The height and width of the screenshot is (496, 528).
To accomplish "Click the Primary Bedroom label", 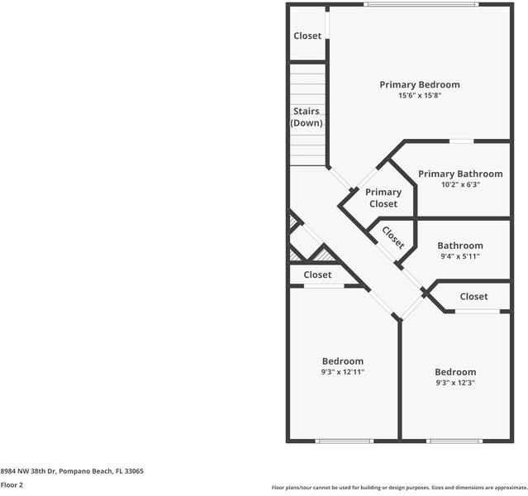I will pyautogui.click(x=419, y=84).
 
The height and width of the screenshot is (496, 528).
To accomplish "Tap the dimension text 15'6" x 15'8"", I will pyautogui.click(x=419, y=96).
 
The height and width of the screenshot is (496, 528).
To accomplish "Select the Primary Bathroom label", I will pyautogui.click(x=459, y=174).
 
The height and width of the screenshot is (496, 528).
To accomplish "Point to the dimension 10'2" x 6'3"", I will pyautogui.click(x=459, y=185).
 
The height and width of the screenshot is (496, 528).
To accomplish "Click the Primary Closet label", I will pyautogui.click(x=383, y=198).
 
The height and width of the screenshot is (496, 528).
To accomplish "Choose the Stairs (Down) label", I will pyautogui.click(x=307, y=117).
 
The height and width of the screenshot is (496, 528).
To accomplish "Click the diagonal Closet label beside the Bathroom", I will pyautogui.click(x=393, y=238).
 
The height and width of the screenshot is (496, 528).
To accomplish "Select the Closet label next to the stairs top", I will pyautogui.click(x=307, y=36).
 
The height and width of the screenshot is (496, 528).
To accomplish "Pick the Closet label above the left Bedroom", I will pyautogui.click(x=317, y=274).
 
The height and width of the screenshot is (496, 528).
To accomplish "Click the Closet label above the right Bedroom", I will pyautogui.click(x=473, y=296).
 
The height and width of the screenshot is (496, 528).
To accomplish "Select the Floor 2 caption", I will pyautogui.click(x=12, y=485).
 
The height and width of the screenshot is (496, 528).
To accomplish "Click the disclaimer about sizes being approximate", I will pyautogui.click(x=398, y=488).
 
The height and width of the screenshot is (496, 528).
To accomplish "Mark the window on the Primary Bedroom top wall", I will pyautogui.click(x=421, y=5).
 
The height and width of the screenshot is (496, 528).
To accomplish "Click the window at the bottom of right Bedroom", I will pyautogui.click(x=454, y=441).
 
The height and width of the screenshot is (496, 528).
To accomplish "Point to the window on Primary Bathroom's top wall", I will pyautogui.click(x=461, y=141).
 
